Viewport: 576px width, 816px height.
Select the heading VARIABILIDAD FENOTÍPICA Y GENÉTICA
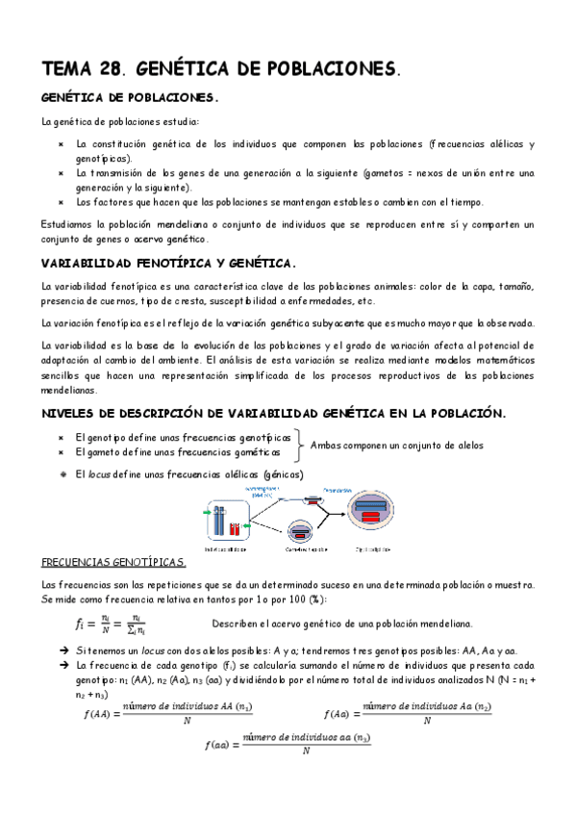point(168,264)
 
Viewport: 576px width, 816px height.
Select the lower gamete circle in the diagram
point(300,532)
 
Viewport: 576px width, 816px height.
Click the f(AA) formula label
point(97,714)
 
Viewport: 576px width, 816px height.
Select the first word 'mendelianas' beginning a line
point(69,391)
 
